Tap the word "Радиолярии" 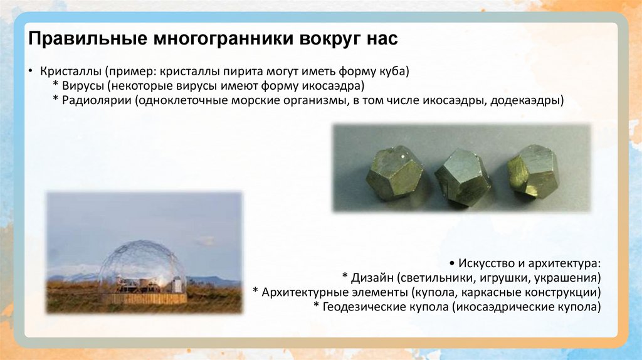click(93, 100)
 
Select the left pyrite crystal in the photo click(394, 172)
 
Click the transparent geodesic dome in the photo click(143, 263)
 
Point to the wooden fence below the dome click(144, 298)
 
